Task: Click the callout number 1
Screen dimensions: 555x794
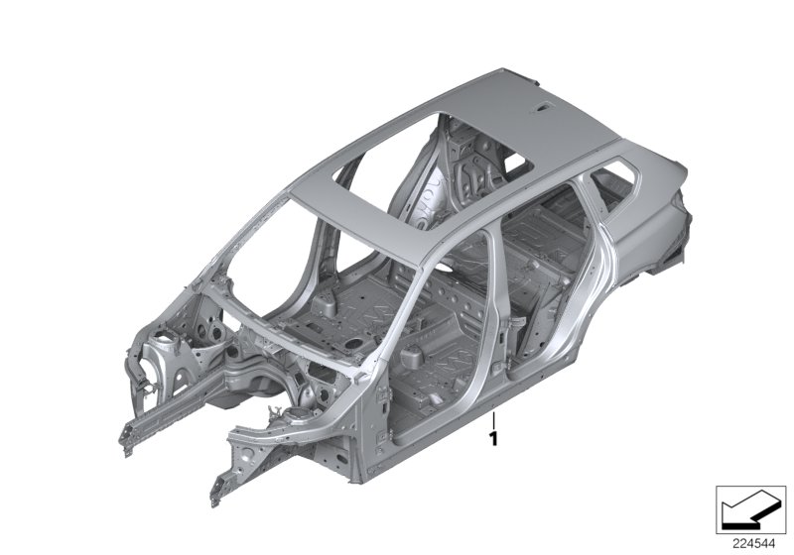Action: coord(493,436)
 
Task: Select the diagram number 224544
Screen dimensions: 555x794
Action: coord(748,542)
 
